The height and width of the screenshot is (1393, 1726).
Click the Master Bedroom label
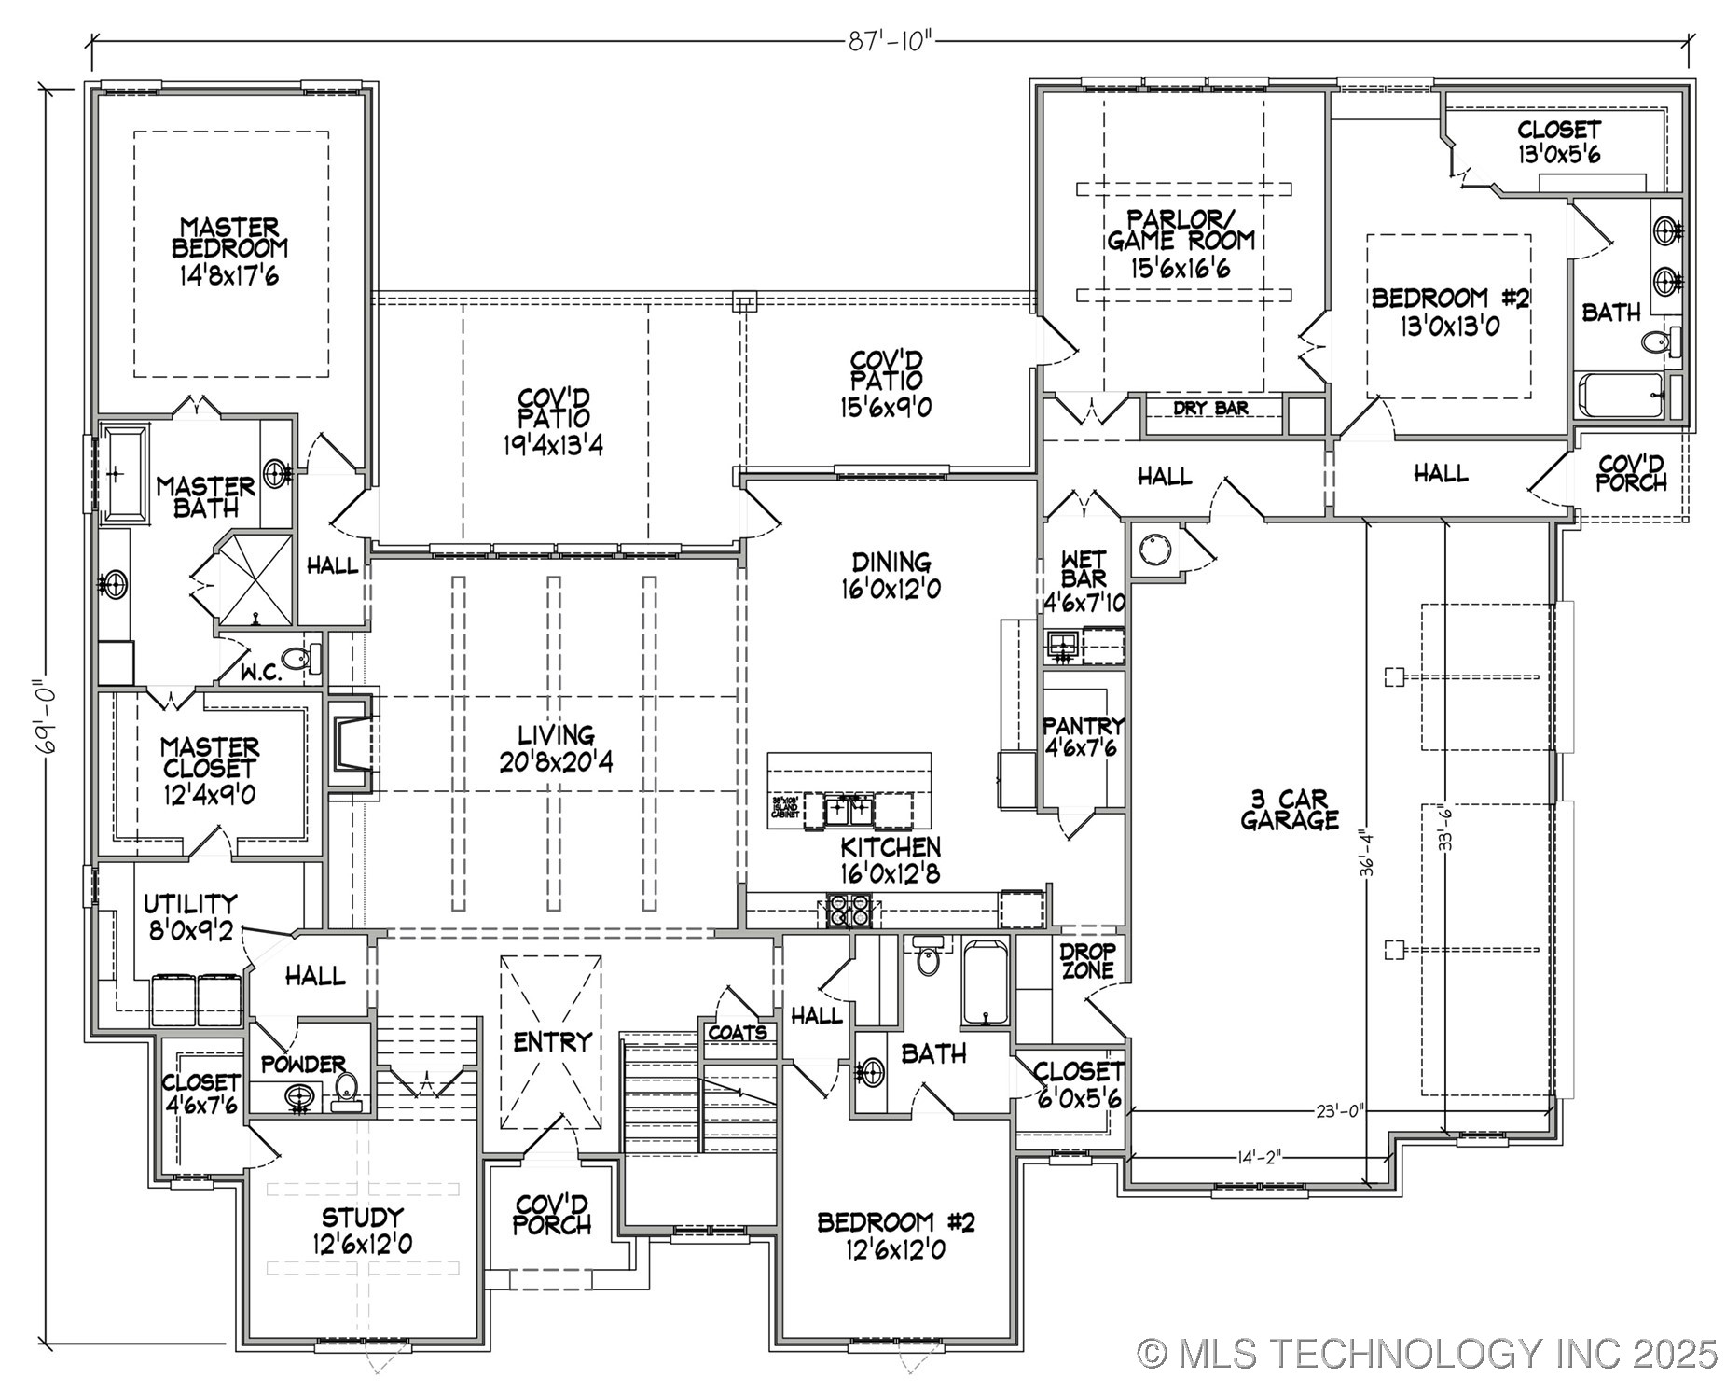[230, 237]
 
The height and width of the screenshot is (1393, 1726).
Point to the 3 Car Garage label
[1290, 809]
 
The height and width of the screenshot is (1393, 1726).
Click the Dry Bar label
[1210, 408]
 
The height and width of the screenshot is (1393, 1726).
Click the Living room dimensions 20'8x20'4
[556, 762]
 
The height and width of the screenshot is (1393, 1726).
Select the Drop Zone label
[1087, 960]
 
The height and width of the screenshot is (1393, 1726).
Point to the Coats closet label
[738, 1033]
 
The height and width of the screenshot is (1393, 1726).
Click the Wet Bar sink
[1061, 643]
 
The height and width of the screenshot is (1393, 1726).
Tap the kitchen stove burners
[848, 910]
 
